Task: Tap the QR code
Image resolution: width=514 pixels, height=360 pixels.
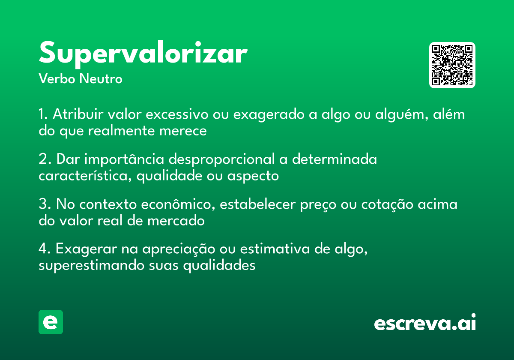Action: [452, 65]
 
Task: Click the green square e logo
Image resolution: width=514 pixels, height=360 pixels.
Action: [51, 322]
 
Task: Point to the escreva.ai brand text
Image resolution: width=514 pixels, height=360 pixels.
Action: [425, 323]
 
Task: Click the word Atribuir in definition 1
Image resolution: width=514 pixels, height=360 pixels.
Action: [78, 115]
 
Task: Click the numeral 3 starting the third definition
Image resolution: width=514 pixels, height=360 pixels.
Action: [42, 204]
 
